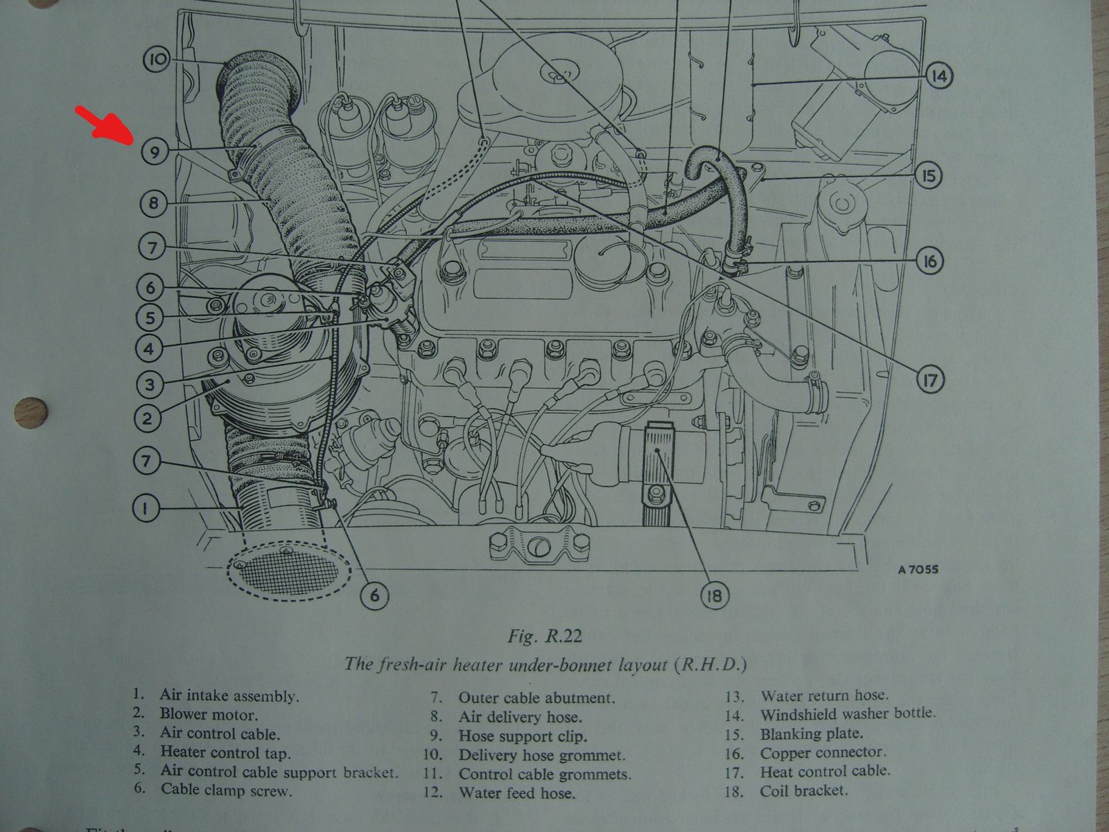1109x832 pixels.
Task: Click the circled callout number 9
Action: click(155, 151)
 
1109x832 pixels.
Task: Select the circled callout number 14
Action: click(938, 76)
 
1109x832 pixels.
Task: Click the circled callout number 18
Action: click(715, 596)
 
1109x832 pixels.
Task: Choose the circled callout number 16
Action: click(929, 261)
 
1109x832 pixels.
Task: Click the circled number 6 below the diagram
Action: click(374, 595)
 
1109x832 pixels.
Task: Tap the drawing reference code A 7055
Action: click(918, 570)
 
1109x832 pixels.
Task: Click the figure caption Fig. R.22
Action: click(544, 636)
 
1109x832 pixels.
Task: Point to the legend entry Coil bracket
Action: click(803, 790)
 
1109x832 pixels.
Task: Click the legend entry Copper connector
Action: click(822, 752)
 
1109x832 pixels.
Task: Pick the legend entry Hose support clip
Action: click(522, 736)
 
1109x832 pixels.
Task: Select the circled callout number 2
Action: click(147, 418)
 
